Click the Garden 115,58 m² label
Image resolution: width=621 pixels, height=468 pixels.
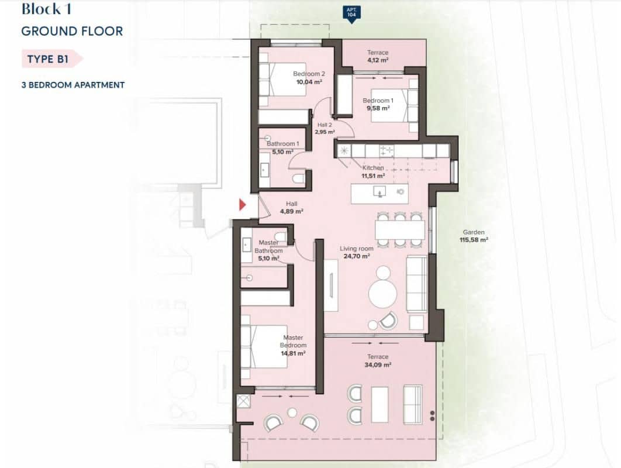(x=474, y=236)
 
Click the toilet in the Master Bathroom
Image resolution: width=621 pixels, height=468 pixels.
(x=280, y=237)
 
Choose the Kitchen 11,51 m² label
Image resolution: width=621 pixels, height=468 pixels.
(x=372, y=171)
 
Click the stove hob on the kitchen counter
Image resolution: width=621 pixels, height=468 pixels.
(x=387, y=151)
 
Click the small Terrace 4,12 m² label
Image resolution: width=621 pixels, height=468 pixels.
(x=378, y=56)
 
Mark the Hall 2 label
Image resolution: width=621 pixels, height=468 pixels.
(x=325, y=128)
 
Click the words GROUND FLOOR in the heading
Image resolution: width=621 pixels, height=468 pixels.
(x=72, y=31)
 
